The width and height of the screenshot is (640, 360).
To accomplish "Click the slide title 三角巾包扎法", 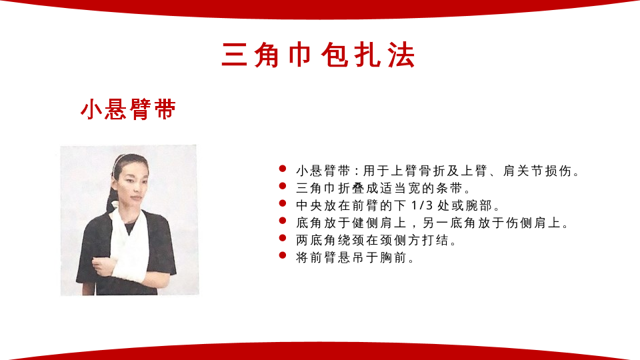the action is coord(319,55).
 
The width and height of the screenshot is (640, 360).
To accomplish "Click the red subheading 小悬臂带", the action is coord(128,109).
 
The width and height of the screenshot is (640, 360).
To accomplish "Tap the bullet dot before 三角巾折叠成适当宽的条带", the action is coord(283,186).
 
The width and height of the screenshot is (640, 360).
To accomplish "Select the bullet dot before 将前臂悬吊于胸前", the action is coord(283,255).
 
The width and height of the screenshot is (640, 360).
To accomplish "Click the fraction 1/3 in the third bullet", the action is coord(421,205).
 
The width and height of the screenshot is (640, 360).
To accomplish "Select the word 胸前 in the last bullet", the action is coord(393,257).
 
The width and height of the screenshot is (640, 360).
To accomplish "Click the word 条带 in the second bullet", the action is coord(449,188).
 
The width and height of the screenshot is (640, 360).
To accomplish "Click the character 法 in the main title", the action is coord(402,55).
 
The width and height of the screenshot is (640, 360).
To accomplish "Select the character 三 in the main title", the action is coord(235,55).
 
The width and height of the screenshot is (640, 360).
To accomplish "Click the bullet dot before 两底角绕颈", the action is coord(283,238).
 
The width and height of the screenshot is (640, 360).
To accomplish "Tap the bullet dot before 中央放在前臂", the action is coord(283,203).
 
